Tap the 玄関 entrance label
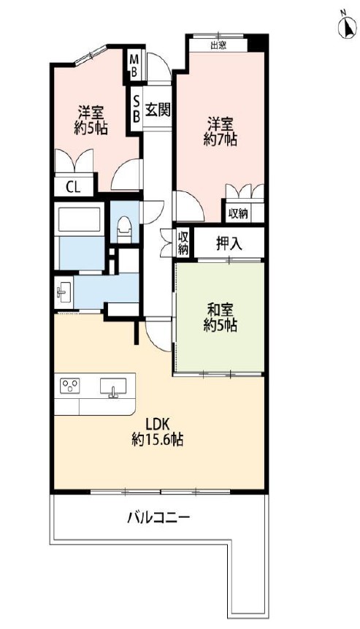coord(158,110)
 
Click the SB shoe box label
coord(137,110)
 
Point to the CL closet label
coord(73,187)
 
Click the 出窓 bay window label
coord(218,46)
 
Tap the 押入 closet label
coord(229,243)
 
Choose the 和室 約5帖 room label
coord(220,318)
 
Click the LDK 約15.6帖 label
coord(158,432)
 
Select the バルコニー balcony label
coord(158,517)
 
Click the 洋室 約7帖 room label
coord(220,130)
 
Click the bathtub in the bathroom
coord(80,219)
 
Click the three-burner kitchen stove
coord(70,386)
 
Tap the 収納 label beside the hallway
coord(183,243)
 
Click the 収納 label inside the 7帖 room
coord(238,214)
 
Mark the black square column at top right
coord(257,43)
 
